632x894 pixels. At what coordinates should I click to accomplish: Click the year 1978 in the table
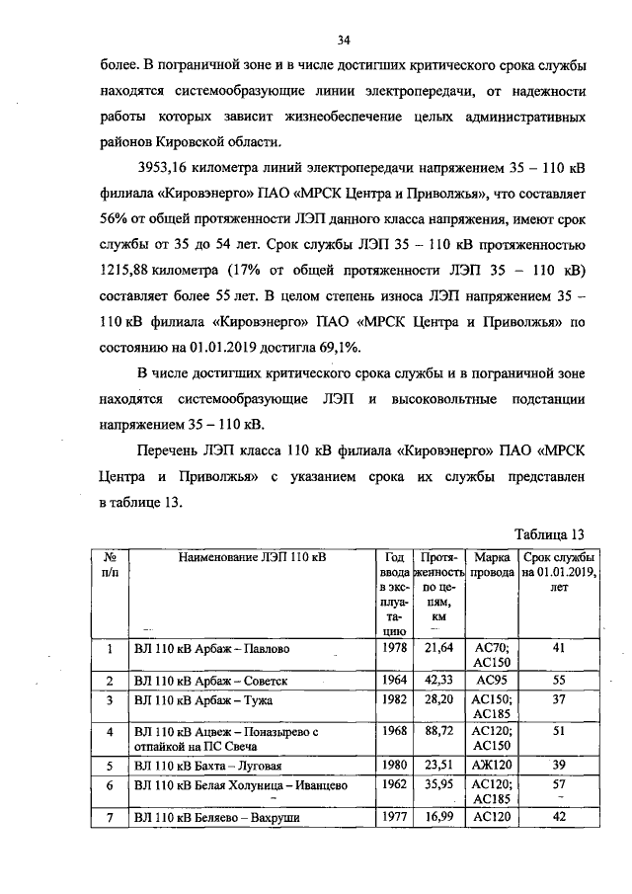pyautogui.click(x=393, y=647)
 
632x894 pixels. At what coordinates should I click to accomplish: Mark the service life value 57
pyautogui.click(x=559, y=782)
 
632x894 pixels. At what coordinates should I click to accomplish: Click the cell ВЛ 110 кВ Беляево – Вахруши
pyautogui.click(x=216, y=817)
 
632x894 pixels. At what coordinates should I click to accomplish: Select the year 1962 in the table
pyautogui.click(x=393, y=782)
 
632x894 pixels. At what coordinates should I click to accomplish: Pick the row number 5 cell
pyautogui.click(x=110, y=765)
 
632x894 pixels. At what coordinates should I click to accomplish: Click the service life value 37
pyautogui.click(x=559, y=698)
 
